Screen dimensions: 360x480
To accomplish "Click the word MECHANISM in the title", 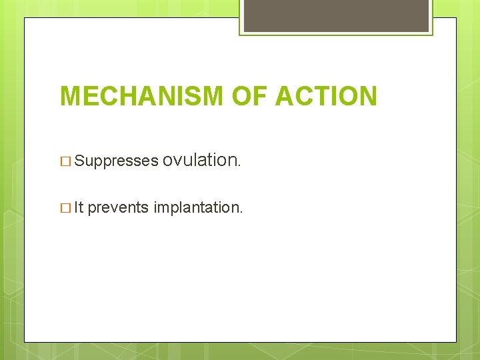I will (142, 97).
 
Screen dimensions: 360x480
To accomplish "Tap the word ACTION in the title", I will (326, 97).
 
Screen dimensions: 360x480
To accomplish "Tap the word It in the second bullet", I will (79, 207).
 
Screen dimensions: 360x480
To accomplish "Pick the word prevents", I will (118, 208).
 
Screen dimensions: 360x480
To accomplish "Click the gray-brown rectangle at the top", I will (336, 15).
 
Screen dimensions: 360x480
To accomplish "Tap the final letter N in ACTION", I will (367, 97).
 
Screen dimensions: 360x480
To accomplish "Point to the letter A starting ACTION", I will (284, 97).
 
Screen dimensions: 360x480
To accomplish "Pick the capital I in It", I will (76, 207).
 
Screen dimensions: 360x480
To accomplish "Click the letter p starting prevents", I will (91, 209).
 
